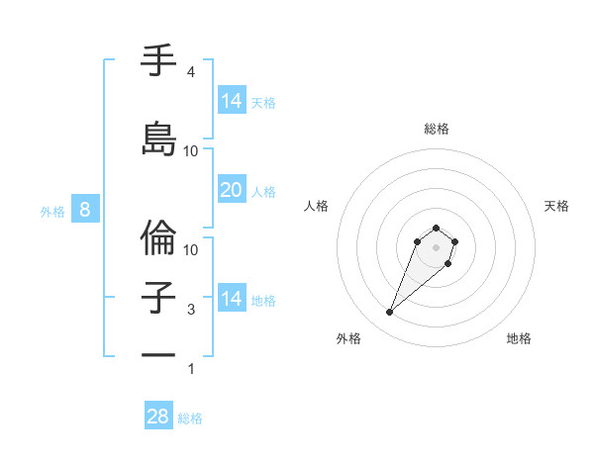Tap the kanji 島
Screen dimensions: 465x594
point(159,139)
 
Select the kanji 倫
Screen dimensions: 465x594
point(159,236)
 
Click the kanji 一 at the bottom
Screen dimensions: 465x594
point(159,355)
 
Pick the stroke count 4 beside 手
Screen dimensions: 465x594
point(191,72)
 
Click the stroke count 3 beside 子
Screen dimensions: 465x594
point(191,310)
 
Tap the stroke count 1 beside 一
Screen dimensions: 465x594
point(191,369)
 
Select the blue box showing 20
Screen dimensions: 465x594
point(231,190)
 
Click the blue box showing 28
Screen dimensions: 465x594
point(158,417)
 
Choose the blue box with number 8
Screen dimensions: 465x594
point(85,210)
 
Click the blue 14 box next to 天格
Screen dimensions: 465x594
point(231,101)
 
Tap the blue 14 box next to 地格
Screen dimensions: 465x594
point(231,299)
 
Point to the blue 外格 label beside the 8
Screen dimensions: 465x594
point(51,211)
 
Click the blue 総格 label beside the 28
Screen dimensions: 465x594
point(190,418)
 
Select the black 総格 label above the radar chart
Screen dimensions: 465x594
point(436,129)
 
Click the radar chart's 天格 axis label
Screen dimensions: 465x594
point(556,206)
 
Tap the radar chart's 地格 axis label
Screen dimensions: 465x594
point(519,338)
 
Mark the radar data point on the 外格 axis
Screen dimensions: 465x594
point(390,313)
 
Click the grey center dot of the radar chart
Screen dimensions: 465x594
point(436,246)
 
